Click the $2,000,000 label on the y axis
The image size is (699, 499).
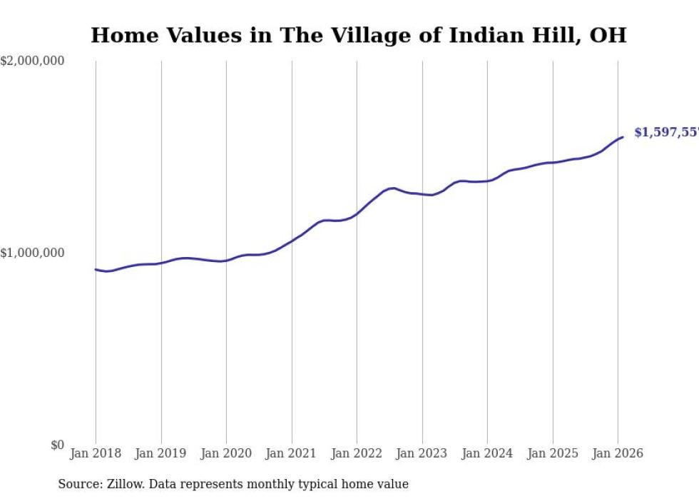click(32, 61)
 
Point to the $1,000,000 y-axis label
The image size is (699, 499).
click(32, 253)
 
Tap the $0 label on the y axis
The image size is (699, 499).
click(57, 445)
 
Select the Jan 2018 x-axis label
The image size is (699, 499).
click(95, 453)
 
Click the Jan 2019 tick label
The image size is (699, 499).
click(160, 453)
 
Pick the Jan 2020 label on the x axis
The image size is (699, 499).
click(225, 453)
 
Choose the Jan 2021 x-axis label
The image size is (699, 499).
click(291, 453)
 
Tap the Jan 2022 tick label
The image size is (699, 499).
click(356, 453)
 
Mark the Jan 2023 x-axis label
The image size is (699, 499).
click(422, 453)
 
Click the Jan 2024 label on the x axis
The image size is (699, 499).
click(486, 453)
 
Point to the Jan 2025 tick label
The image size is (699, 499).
click(552, 453)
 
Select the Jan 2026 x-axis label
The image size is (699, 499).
click(617, 453)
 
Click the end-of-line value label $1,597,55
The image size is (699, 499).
click(666, 132)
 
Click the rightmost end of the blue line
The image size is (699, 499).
click(623, 137)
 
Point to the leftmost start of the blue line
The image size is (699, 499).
click(96, 269)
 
